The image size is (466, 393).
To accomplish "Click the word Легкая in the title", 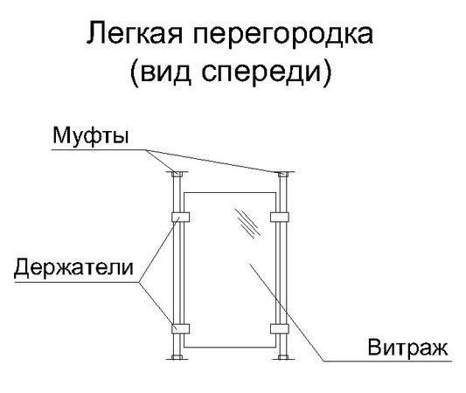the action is (x=135, y=32).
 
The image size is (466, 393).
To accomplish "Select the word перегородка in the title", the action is (x=283, y=35).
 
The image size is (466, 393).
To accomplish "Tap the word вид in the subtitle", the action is (x=165, y=72).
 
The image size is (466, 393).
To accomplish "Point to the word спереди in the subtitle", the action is (x=261, y=72).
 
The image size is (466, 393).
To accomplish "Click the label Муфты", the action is (x=91, y=136).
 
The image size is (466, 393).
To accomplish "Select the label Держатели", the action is (x=73, y=267).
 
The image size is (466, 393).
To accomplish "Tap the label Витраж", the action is (x=407, y=348).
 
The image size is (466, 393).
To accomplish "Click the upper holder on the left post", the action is (x=181, y=217).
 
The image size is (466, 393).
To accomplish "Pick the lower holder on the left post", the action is (x=181, y=328).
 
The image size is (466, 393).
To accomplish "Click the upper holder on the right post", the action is (x=280, y=217).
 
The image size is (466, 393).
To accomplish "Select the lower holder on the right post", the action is (x=280, y=328).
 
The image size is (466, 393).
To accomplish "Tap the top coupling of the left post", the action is (x=177, y=174).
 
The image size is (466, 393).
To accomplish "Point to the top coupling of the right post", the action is (x=283, y=174).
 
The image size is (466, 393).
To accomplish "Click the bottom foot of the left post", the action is (x=177, y=357).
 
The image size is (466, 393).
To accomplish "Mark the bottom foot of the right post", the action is (x=283, y=357).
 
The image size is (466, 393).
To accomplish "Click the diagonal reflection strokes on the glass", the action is (x=247, y=224).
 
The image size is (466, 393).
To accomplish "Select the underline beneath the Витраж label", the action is (x=387, y=362).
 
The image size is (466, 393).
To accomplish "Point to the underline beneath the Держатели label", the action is (x=77, y=282).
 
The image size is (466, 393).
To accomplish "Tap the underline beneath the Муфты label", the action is (x=100, y=150).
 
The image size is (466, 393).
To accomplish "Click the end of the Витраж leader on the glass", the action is (x=249, y=263).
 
